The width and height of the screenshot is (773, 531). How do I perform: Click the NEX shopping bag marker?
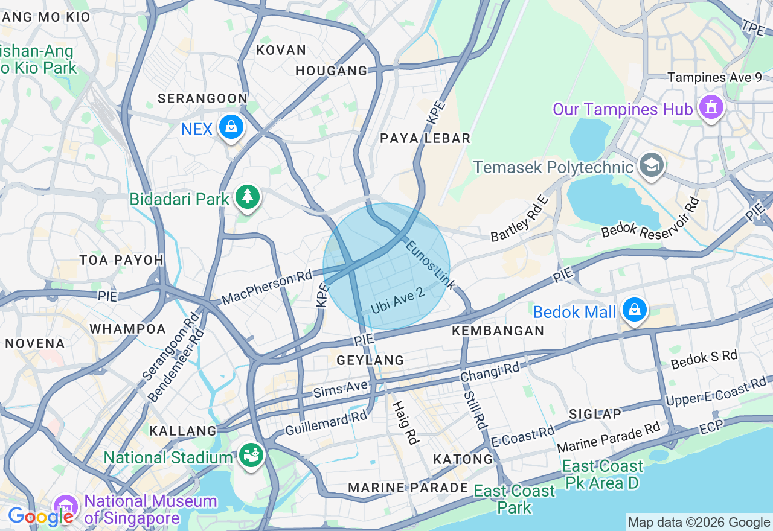coord(231,127)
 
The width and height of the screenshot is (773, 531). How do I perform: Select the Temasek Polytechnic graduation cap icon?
coord(651,165)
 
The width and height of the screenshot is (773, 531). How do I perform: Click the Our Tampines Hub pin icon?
coord(711,108)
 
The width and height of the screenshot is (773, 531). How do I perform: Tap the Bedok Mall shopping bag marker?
coord(634,310)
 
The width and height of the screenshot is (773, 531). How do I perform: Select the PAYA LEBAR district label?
coord(425,138)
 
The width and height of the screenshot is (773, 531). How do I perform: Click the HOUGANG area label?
coord(332,71)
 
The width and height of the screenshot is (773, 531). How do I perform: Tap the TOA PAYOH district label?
coord(121,260)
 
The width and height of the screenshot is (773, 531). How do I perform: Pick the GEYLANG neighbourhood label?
coord(370,360)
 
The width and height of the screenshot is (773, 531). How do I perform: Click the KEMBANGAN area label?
coord(498,331)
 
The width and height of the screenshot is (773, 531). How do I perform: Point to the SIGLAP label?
coord(595,414)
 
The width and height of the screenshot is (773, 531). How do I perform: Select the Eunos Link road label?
coord(429,264)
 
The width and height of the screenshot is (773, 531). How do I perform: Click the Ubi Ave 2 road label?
coord(397,300)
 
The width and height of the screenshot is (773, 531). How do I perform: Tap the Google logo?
coord(40,517)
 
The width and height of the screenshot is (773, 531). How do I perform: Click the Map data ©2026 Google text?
coord(699,523)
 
